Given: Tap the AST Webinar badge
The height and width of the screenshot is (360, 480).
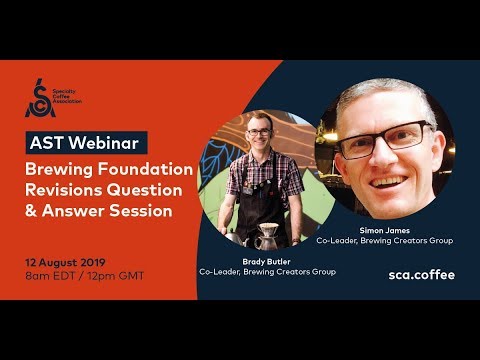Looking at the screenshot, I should click(x=87, y=142).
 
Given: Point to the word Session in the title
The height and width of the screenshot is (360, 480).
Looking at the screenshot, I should click(x=141, y=211).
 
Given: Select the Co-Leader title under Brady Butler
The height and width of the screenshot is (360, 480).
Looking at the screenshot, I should click(x=267, y=272).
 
